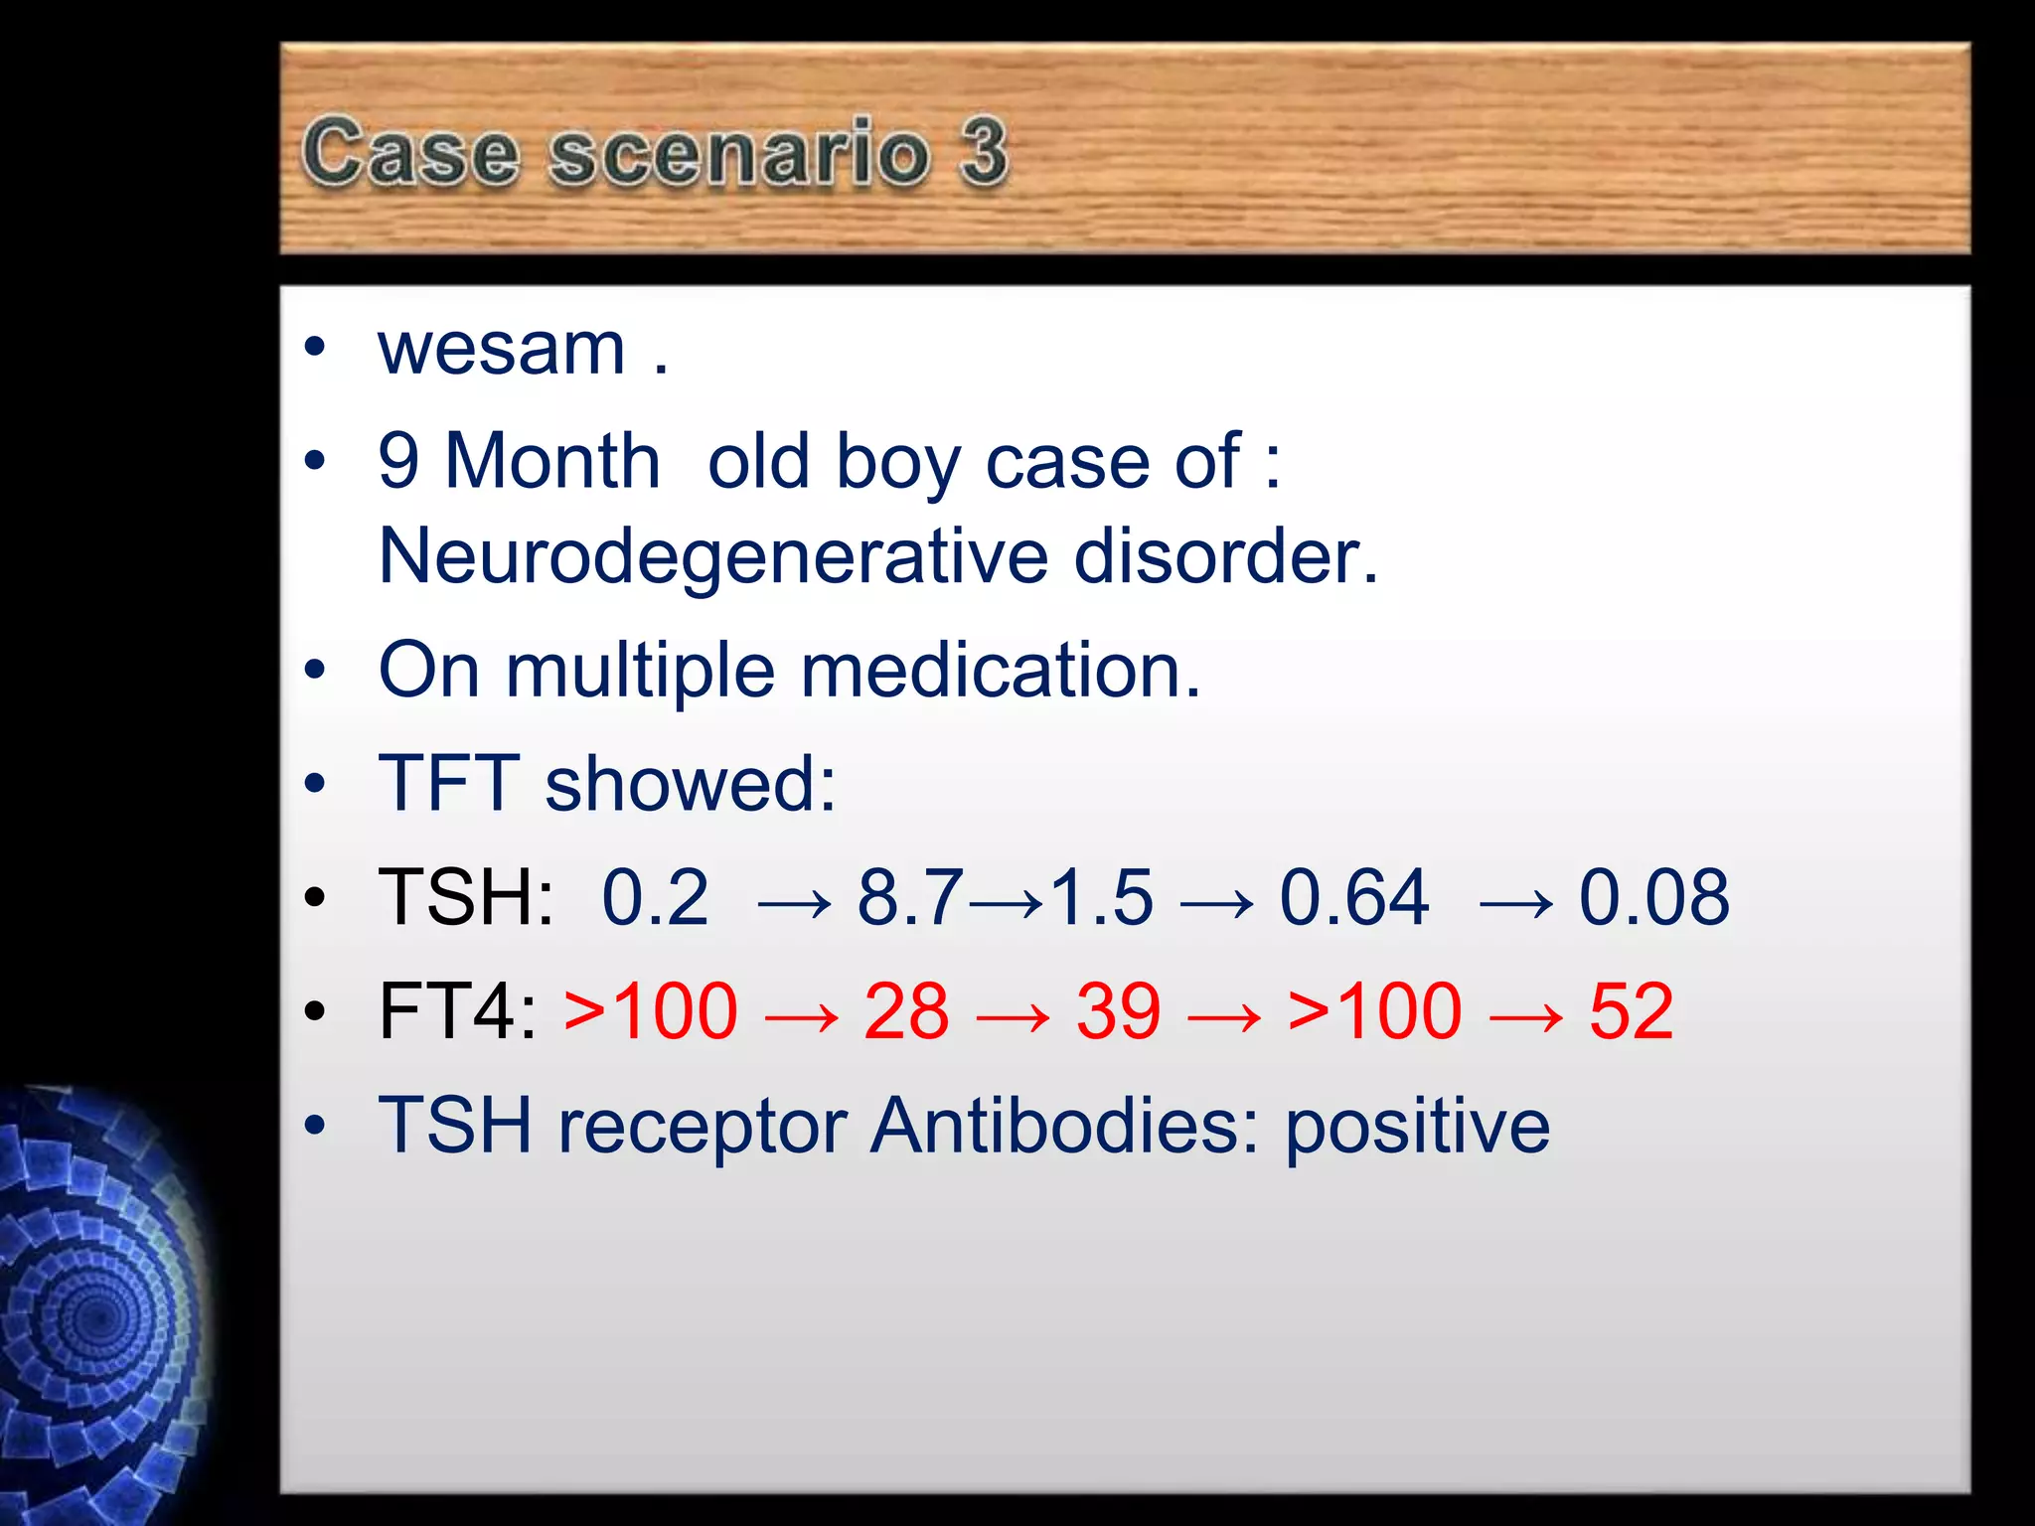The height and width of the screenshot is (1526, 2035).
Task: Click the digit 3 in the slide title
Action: (x=983, y=151)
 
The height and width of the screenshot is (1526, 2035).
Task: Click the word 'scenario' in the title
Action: (x=739, y=154)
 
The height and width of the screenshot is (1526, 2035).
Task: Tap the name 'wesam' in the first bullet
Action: (x=502, y=350)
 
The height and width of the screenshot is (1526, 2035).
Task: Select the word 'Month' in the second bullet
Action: (x=552, y=462)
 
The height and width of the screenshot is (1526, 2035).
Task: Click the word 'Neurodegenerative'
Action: (x=712, y=557)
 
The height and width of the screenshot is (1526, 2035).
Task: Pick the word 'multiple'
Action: (x=640, y=672)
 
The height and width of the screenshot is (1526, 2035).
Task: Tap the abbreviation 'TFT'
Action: (x=449, y=784)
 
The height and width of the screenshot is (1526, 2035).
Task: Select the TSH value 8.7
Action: (x=909, y=898)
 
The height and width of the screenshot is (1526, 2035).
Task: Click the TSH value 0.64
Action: (x=1353, y=898)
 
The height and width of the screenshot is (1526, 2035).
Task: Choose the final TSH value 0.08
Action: (x=1653, y=898)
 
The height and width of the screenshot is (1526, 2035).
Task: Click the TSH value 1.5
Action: (x=1101, y=898)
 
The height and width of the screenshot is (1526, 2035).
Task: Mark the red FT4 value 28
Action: (x=906, y=1012)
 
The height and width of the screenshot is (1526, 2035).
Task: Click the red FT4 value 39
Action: (x=1118, y=1012)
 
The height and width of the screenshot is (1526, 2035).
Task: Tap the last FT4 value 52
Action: (x=1631, y=1012)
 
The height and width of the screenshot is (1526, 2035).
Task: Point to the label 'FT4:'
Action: (x=458, y=1012)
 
